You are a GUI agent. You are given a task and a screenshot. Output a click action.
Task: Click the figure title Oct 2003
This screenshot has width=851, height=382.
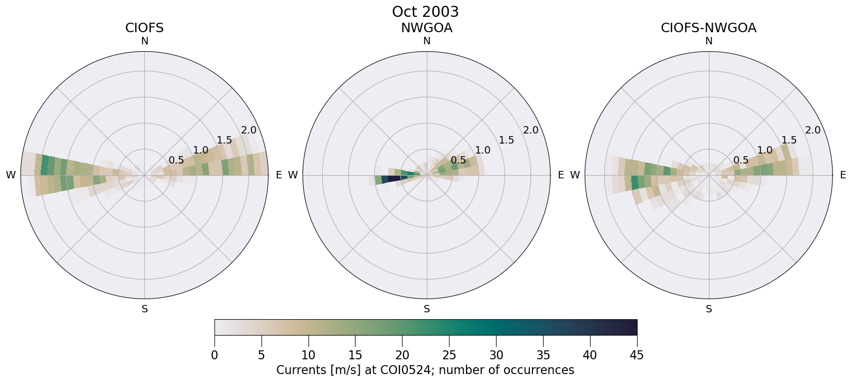click(425, 12)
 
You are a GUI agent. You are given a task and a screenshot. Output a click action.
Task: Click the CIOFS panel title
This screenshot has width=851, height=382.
click(144, 28)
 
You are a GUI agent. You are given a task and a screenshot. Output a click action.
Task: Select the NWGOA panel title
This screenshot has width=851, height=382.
click(426, 28)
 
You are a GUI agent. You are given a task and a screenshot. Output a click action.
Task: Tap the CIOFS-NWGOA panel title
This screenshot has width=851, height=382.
click(708, 28)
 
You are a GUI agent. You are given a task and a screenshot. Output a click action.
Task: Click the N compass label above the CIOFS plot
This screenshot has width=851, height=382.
click(144, 41)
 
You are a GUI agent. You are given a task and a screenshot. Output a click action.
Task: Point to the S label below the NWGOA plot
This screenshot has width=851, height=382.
click(427, 309)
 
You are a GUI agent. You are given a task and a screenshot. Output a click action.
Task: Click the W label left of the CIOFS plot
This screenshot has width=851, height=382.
click(11, 175)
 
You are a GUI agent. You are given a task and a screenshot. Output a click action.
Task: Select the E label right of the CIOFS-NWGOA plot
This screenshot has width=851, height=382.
click(843, 175)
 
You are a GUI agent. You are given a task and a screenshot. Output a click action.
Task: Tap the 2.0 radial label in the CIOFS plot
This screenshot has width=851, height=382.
click(248, 130)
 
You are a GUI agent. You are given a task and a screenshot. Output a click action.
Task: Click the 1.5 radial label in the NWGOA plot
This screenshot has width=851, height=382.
click(507, 140)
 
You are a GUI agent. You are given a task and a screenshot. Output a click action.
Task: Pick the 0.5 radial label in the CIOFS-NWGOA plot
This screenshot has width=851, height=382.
click(741, 160)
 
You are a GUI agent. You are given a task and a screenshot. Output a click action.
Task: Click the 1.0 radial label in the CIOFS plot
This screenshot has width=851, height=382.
click(200, 150)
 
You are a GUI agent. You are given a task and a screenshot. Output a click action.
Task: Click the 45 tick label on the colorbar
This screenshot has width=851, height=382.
click(637, 356)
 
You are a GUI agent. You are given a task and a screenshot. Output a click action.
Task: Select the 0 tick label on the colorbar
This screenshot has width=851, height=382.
click(214, 356)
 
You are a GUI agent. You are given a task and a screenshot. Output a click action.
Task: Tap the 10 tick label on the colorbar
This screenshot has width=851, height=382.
click(308, 356)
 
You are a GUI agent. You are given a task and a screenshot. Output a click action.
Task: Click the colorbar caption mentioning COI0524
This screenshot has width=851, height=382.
click(425, 370)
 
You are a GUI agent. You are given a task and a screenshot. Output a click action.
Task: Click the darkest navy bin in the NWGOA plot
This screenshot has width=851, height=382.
click(395, 178)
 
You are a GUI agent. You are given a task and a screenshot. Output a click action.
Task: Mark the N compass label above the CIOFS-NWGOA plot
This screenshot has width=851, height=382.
click(709, 41)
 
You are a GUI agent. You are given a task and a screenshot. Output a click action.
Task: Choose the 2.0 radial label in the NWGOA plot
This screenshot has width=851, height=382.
click(530, 130)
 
